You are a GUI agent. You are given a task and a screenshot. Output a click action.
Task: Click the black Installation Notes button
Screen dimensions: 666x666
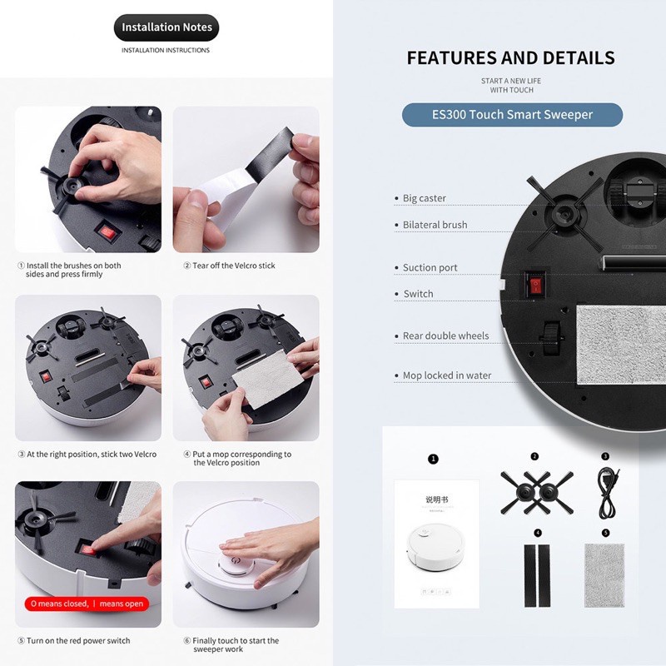[166, 27]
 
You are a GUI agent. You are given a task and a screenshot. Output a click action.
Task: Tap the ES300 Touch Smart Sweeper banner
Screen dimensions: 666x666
[512, 115]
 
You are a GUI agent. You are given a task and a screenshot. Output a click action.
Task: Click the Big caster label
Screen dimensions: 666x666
[424, 198]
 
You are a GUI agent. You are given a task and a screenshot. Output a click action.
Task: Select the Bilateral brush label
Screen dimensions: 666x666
[435, 225]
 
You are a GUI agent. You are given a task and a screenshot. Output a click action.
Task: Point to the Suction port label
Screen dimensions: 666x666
[430, 267]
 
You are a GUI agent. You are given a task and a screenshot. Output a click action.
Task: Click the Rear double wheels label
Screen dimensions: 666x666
[445, 335]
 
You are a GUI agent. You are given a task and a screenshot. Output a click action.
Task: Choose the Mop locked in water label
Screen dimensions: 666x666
[447, 375]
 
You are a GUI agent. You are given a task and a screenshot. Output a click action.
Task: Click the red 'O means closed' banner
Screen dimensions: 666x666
[87, 604]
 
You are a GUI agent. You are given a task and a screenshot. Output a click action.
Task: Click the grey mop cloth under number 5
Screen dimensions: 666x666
[604, 575]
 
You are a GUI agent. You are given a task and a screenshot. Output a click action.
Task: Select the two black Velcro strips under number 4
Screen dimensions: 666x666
[537, 575]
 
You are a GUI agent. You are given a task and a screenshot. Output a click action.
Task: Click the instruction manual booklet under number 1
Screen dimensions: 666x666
[436, 544]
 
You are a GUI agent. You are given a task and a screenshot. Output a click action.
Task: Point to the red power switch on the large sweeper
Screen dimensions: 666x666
[535, 284]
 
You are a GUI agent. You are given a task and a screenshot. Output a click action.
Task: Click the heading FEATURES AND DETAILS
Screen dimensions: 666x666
[511, 57]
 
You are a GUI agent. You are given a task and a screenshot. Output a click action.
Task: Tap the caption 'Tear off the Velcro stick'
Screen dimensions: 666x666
[234, 266]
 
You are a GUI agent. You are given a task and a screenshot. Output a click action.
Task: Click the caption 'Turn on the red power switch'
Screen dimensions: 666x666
[78, 640]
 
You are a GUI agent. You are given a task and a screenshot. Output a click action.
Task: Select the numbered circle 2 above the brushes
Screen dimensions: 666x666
[534, 456]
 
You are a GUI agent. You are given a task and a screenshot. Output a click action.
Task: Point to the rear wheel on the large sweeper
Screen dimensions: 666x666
[551, 339]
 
